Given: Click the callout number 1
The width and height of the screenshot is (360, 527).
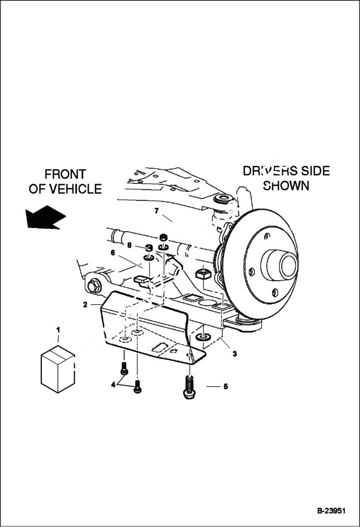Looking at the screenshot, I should click(58, 330).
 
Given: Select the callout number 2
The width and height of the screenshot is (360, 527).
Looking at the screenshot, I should click(85, 304).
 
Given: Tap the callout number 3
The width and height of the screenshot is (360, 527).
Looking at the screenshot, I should click(235, 354).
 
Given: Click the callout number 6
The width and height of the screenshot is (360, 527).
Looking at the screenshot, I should click(113, 252).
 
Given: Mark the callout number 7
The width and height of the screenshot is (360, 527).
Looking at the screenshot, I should click(156, 210).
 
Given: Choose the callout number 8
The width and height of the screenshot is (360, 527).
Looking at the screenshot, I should click(129, 245).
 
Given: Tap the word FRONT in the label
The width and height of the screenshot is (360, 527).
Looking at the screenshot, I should click(65, 174).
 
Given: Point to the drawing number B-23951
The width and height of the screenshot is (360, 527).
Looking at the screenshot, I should click(331, 511).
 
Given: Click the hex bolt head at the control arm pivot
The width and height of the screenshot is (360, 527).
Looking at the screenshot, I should click(93, 286).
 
